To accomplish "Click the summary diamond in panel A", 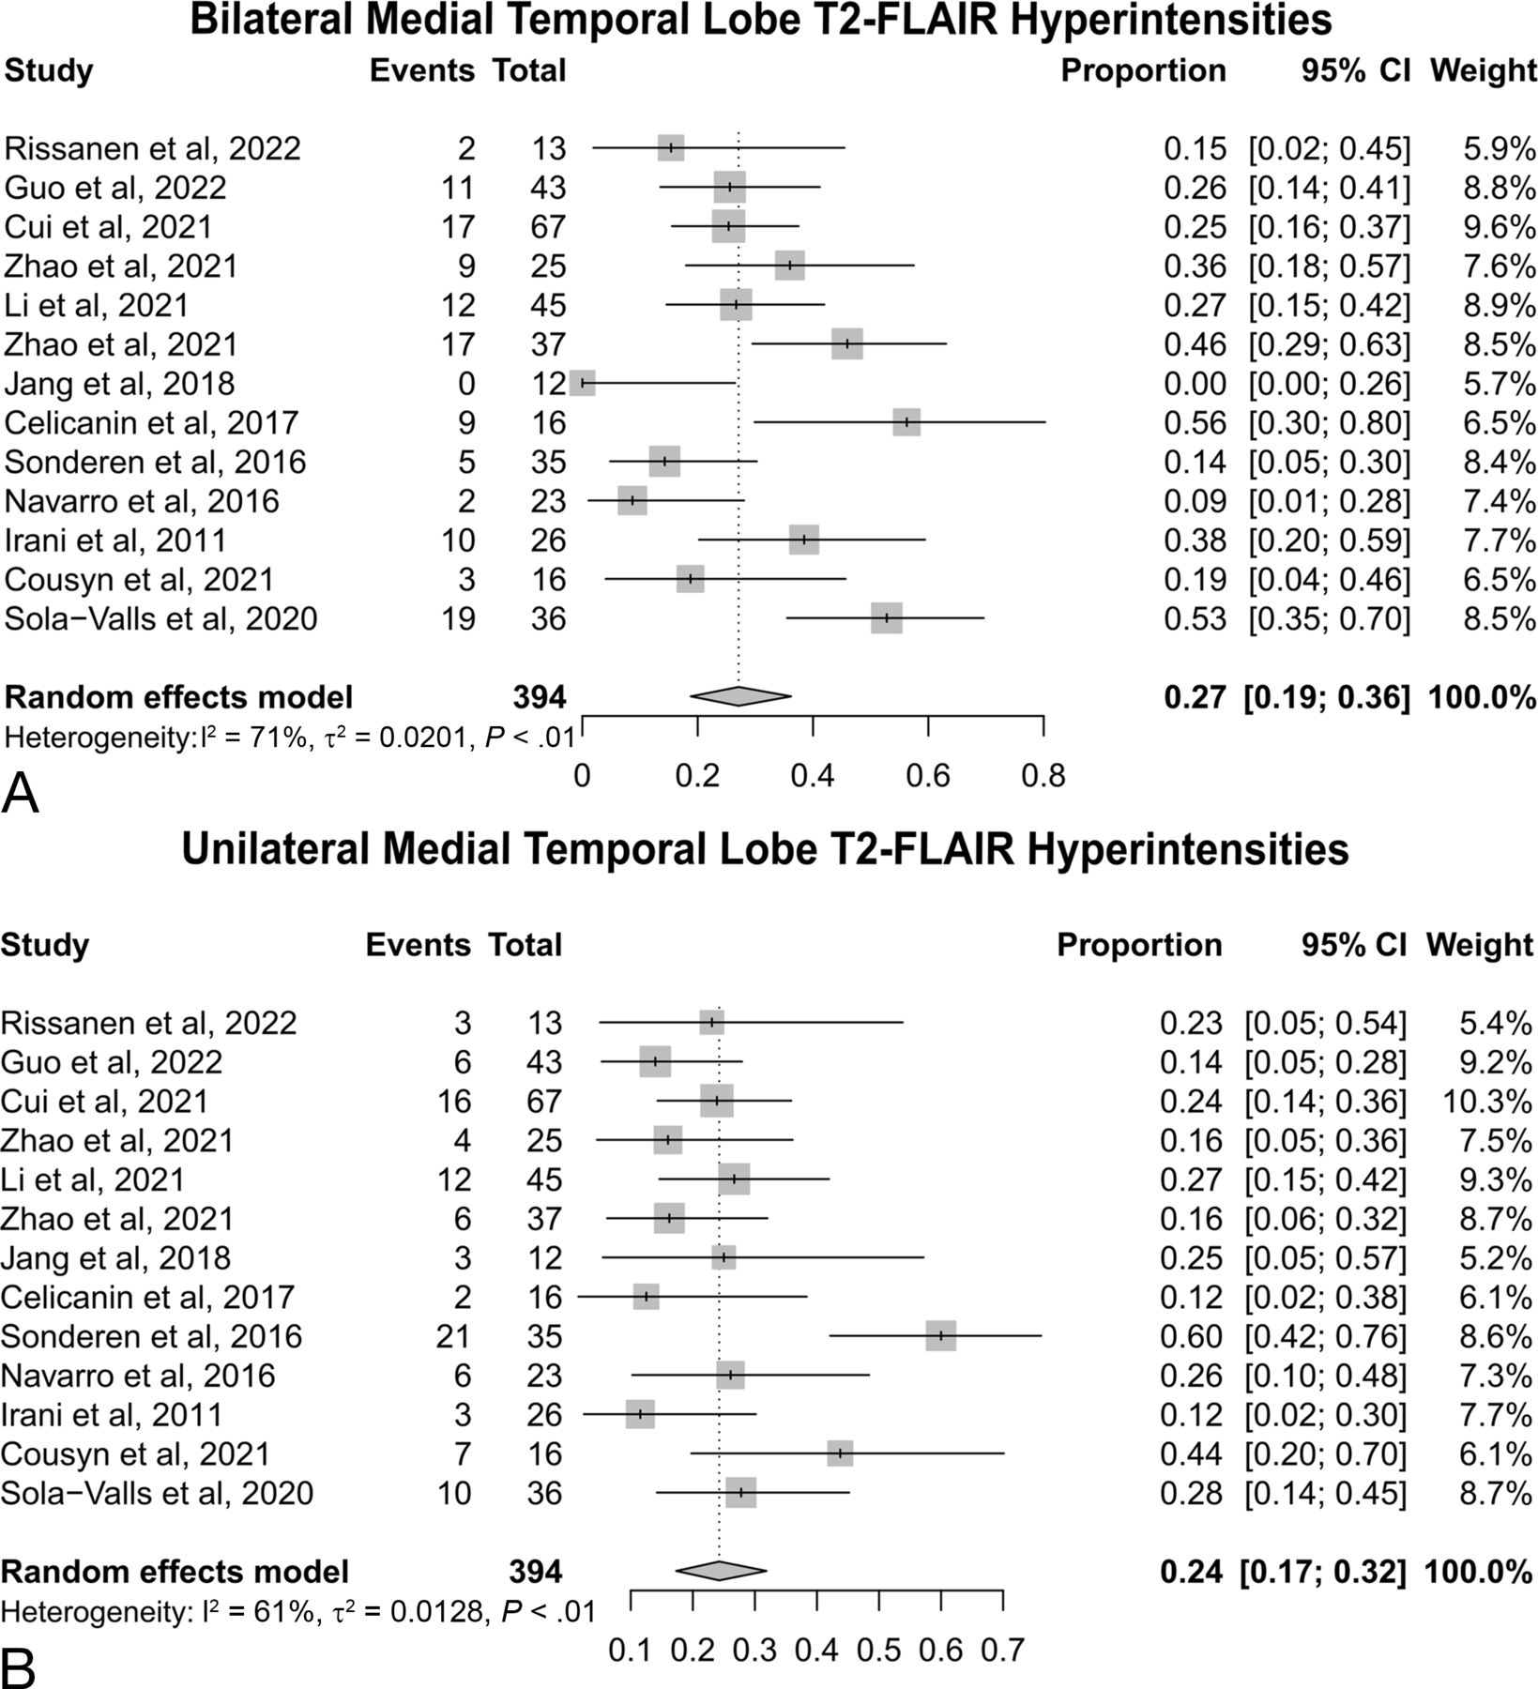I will coord(739,696).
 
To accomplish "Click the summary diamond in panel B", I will coord(720,1571).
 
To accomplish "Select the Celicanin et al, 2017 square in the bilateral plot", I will coord(906,422).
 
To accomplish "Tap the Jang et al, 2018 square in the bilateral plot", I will coord(583,383).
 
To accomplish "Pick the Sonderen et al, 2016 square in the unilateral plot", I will coord(940,1336).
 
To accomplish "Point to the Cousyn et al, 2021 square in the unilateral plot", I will coord(840,1453).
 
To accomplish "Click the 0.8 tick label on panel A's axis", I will coord(1043,776).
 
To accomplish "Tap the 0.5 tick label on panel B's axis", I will coord(878,1650).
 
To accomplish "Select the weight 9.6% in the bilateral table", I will coord(1499,227).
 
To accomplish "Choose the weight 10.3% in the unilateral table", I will coord(1489,1101).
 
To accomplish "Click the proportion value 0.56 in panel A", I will coord(1195,423).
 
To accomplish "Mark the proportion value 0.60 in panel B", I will coord(1191,1336).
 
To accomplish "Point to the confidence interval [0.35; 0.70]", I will coord(1329,619).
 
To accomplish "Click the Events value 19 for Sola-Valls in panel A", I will coord(456,619).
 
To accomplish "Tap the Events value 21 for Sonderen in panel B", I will coord(452,1336).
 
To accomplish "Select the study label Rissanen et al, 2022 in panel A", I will coord(153,148).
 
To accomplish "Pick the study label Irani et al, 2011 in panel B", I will coord(112,1414).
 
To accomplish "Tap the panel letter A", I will coord(22,796).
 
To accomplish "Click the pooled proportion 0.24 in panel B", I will coord(1191,1572).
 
